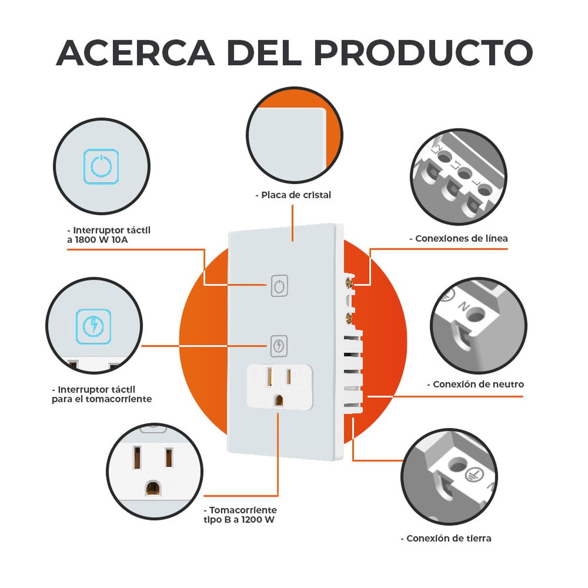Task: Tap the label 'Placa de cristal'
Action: (296, 195)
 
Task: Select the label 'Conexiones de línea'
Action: (461, 238)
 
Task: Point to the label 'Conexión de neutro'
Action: (478, 384)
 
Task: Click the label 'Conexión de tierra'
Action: (449, 538)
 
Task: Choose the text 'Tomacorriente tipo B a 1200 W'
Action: (240, 515)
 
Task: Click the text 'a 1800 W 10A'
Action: (98, 240)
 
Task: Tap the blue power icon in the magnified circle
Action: (101, 166)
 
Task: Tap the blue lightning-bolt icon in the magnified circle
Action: (94, 326)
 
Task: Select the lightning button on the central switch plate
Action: (279, 346)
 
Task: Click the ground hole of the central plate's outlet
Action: (279, 400)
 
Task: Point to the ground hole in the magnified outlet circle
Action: (152, 488)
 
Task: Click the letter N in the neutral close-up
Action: (464, 307)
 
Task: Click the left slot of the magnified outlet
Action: (137, 457)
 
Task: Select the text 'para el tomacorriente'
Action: (102, 399)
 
